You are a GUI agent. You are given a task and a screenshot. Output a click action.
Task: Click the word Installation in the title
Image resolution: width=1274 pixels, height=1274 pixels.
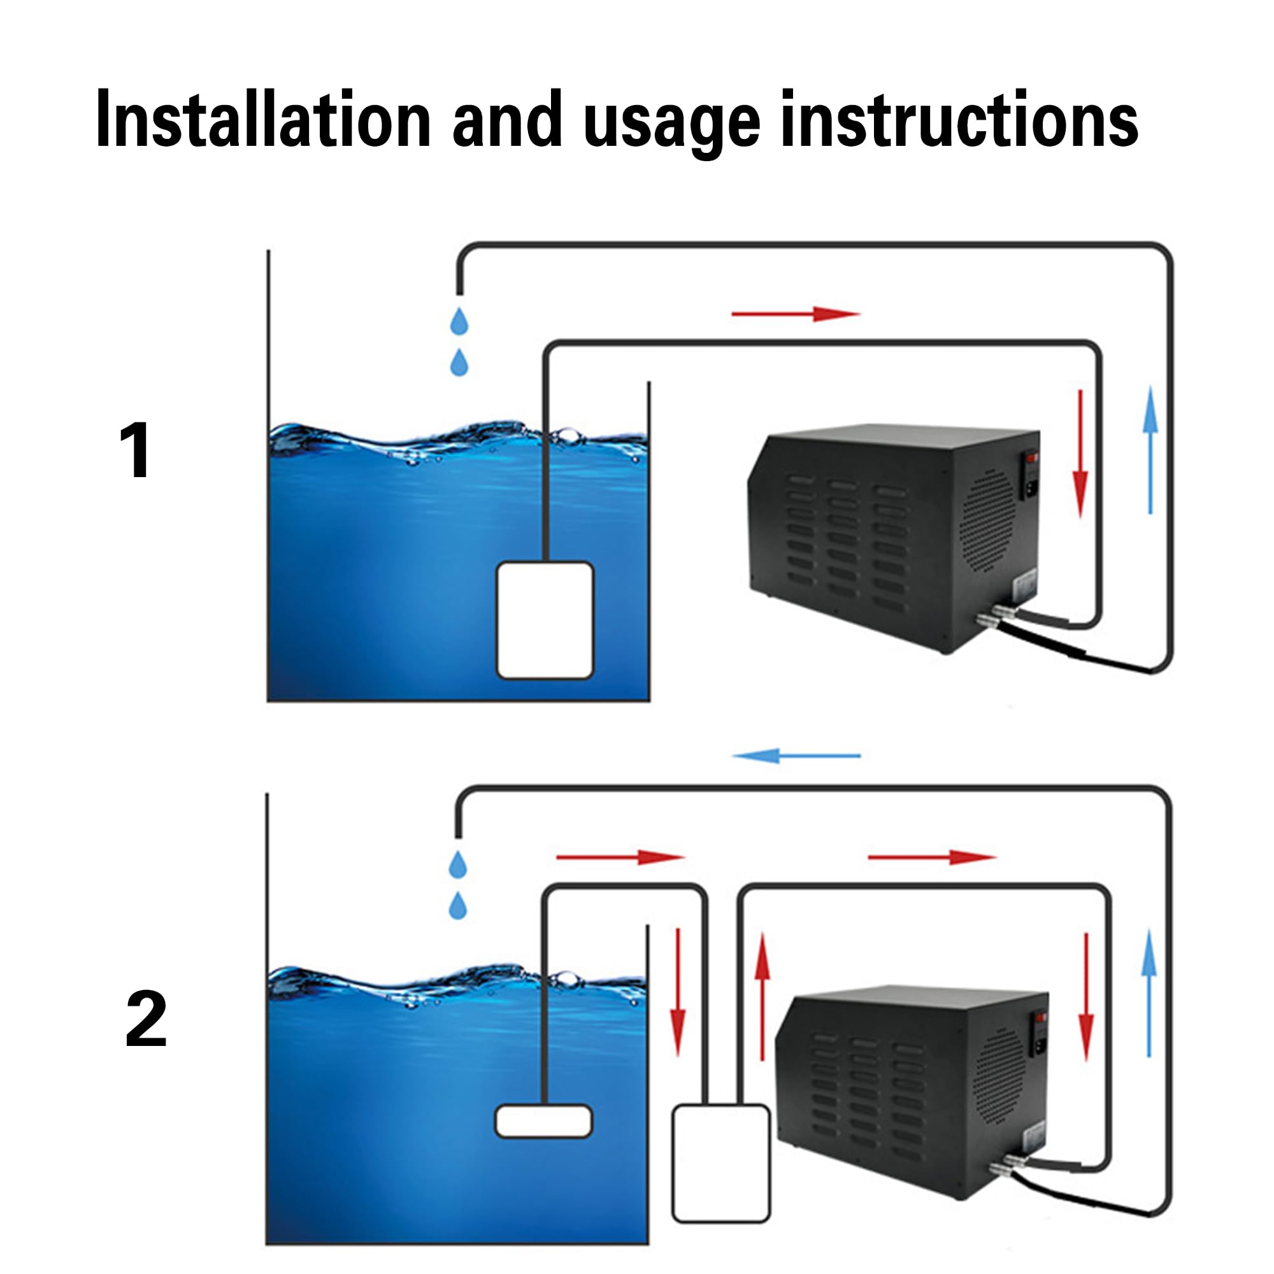coord(263,119)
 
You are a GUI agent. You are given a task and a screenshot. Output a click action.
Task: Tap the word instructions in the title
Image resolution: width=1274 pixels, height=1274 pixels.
coord(959,119)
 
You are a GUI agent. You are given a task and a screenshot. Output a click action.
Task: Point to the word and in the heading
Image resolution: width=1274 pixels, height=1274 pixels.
coord(507,119)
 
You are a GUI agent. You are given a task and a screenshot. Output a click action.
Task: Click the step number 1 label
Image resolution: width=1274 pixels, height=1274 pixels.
coord(136,451)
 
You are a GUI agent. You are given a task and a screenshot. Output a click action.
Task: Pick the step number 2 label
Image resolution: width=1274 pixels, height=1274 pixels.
coord(146,1019)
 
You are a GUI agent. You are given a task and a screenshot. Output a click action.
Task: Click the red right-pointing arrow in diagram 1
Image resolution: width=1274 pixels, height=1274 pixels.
coord(796,314)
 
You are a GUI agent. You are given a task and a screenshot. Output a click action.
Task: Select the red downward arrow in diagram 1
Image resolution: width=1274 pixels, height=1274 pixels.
coord(1080,454)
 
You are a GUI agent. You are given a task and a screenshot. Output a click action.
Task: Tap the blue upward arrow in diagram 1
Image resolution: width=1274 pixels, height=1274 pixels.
coord(1150,450)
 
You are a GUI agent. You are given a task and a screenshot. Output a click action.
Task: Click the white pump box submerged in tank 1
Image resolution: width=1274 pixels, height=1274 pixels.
coord(545,620)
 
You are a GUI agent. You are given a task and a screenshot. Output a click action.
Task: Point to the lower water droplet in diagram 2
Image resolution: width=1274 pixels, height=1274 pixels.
coord(457,905)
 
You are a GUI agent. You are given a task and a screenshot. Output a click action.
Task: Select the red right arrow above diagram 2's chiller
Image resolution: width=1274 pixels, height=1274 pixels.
coord(932,857)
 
